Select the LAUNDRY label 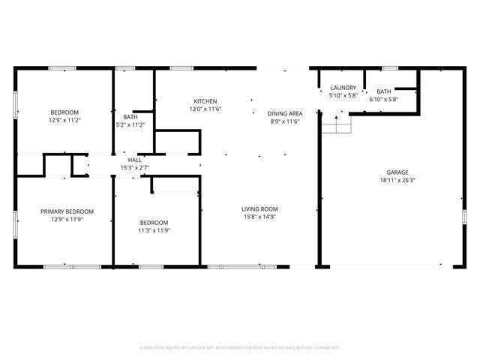tap(343, 88)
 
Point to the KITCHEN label tap(205, 101)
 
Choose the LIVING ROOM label tap(259, 208)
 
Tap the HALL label tap(135, 160)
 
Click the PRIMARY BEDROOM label tap(67, 211)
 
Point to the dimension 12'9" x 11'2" tap(64, 120)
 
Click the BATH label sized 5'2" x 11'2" tap(130, 117)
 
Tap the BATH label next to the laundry tap(383, 91)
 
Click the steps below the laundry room tap(337, 125)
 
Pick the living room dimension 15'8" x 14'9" tap(259, 217)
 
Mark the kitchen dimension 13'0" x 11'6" tap(205, 109)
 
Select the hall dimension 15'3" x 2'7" tap(135, 167)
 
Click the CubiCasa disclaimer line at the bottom tap(240, 347)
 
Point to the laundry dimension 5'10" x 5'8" tap(343, 96)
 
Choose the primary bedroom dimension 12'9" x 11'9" tap(67, 220)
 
